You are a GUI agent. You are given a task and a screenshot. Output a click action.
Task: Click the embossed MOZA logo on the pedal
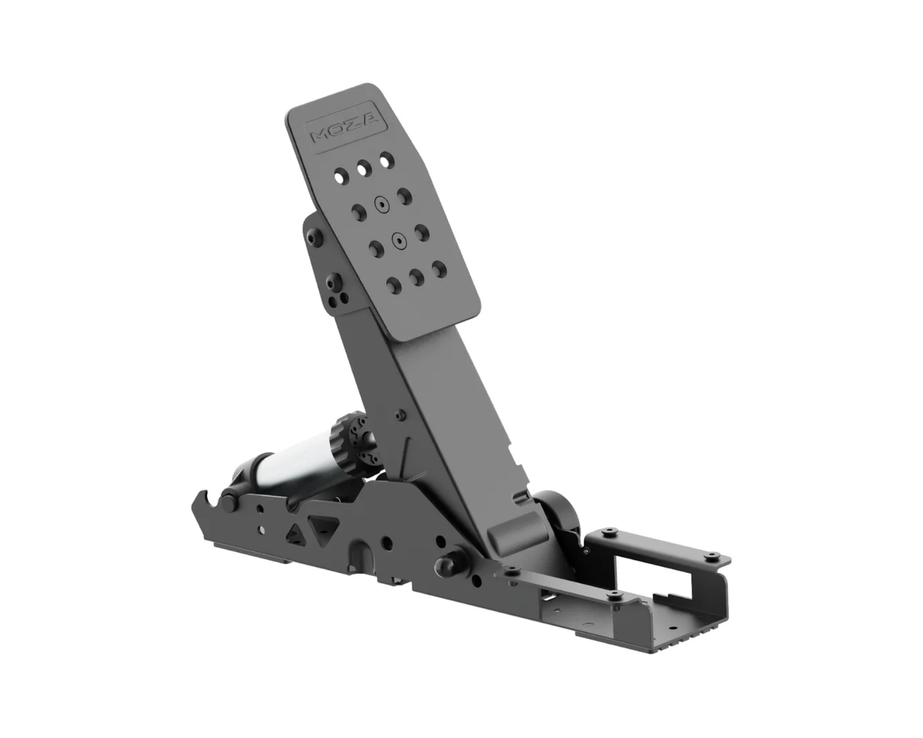tap(346, 127)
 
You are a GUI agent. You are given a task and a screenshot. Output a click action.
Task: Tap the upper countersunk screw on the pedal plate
tap(381, 205)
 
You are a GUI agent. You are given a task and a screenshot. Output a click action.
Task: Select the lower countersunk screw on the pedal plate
tap(399, 241)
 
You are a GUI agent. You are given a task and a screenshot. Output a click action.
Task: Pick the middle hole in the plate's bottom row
tap(417, 278)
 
